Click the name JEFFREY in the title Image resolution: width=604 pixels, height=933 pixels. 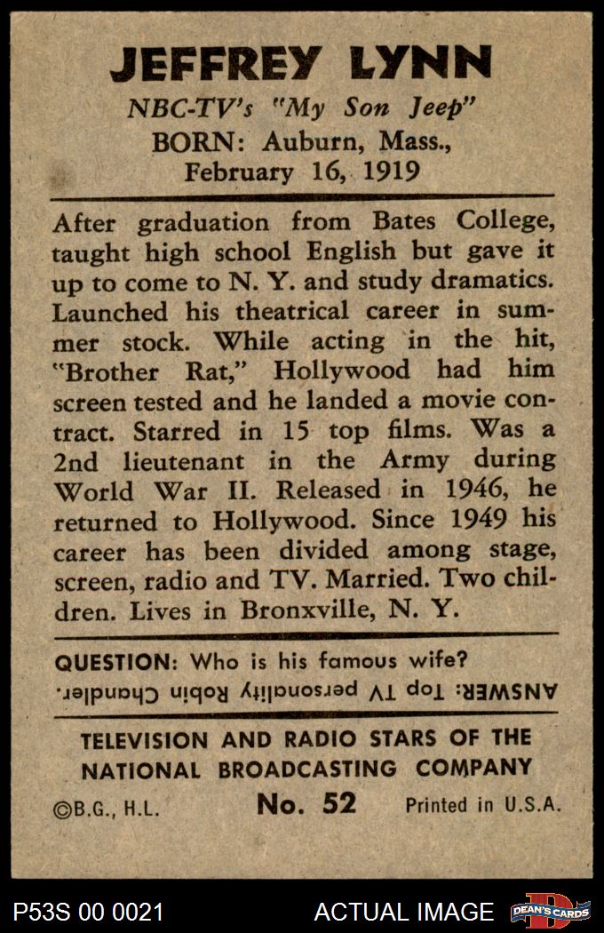pyautogui.click(x=215, y=64)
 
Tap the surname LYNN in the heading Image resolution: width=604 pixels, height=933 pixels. pyautogui.click(x=416, y=64)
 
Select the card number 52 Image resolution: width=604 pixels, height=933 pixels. pyautogui.click(x=338, y=803)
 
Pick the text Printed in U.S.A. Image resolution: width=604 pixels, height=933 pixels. pyautogui.click(x=483, y=805)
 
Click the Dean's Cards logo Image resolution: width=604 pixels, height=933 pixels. pyautogui.click(x=550, y=911)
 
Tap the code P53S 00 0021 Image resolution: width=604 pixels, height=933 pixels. pyautogui.click(x=88, y=912)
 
